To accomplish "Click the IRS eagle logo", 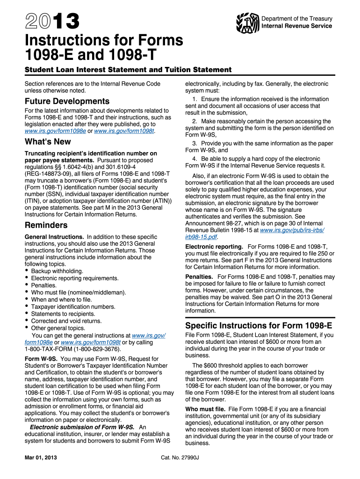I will coord(248,22).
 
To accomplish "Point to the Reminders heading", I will coord(46,225).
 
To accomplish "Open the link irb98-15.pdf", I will coord(198,237).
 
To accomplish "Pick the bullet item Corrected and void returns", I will coord(66,321).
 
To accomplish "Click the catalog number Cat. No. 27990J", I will coord(180,457).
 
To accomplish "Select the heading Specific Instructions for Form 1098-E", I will coord(259,326).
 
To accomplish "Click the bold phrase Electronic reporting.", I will coord(214,247).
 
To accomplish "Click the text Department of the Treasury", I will coord(297,19).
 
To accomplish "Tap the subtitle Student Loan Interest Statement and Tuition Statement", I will coord(128,70).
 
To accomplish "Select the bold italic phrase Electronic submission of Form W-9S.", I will coord(82,427).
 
